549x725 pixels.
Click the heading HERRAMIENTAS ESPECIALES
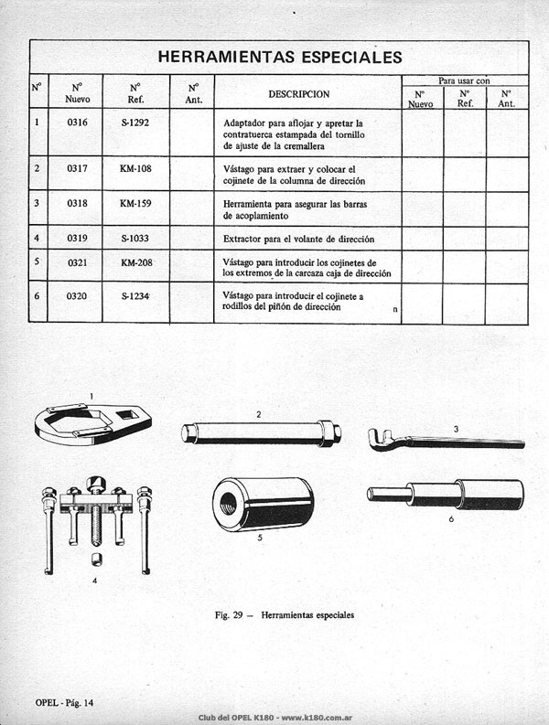click(x=280, y=57)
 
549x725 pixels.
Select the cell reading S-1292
click(x=135, y=123)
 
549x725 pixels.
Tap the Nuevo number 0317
click(x=77, y=168)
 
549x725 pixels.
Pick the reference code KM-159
click(x=135, y=203)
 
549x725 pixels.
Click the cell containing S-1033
click(x=135, y=238)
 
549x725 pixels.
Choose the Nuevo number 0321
click(x=78, y=262)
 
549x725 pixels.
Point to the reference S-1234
click(x=135, y=296)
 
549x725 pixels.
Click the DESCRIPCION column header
click(x=299, y=94)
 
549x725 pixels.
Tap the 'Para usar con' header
click(x=464, y=80)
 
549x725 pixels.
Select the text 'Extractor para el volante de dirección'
click(x=298, y=239)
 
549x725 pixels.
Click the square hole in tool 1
click(x=126, y=414)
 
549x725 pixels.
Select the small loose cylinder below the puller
click(x=96, y=559)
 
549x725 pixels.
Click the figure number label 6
click(x=451, y=519)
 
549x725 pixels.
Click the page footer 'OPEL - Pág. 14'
click(x=64, y=703)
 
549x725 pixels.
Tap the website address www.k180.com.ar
click(x=318, y=718)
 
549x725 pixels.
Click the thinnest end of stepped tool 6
click(x=371, y=495)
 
